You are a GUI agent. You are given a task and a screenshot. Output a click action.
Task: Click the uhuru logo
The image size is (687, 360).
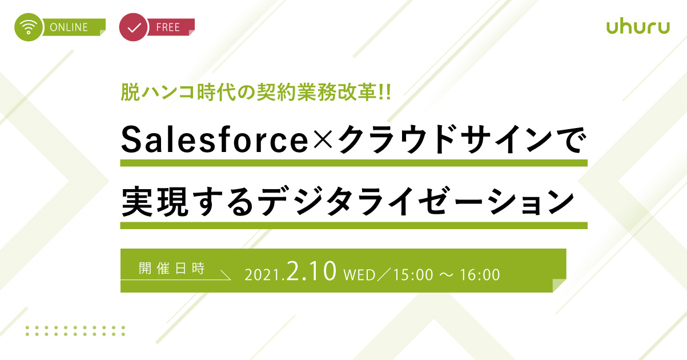[x=638, y=27]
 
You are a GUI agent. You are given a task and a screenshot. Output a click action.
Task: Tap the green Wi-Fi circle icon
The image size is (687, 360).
[x=28, y=27]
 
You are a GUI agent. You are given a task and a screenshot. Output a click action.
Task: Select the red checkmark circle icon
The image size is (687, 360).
[x=133, y=27]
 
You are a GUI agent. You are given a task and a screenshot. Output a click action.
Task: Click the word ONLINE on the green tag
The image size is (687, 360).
[x=69, y=27]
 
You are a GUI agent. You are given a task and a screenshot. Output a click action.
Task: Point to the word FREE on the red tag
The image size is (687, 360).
[x=168, y=27]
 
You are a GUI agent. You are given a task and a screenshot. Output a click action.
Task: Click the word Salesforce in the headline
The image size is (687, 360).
[x=215, y=139]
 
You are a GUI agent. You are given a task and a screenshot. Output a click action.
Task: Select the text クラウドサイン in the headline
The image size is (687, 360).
[x=445, y=139]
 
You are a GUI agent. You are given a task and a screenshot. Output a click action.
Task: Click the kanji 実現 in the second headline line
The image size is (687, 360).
[x=155, y=201]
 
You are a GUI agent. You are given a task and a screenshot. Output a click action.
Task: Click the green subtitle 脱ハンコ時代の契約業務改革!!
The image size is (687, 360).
[x=256, y=92]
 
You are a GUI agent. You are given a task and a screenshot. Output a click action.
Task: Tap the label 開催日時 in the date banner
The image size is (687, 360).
[x=172, y=269]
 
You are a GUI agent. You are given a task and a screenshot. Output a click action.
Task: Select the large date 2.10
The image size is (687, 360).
[x=311, y=271]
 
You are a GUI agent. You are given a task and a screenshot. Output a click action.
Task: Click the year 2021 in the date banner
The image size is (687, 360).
[x=262, y=275]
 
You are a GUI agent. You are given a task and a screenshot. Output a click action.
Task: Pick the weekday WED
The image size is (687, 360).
[x=359, y=275]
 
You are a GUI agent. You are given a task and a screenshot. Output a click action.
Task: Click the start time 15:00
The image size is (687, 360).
[x=413, y=275]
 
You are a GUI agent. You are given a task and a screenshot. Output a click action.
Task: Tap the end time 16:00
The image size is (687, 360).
[x=480, y=275]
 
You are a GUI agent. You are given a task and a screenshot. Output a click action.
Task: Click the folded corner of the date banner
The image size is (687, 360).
[x=559, y=286]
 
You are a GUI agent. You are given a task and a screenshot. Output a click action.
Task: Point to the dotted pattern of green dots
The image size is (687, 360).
[x=75, y=331]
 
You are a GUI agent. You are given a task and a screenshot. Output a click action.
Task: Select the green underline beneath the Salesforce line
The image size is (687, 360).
[x=353, y=163]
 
